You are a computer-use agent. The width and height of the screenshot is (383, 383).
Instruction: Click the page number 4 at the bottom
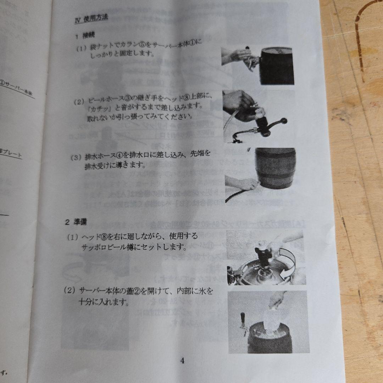click(x=182, y=361)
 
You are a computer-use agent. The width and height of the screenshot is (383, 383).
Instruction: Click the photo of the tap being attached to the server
click(x=258, y=65)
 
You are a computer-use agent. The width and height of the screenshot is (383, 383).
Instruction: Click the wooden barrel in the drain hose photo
click(x=274, y=167)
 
